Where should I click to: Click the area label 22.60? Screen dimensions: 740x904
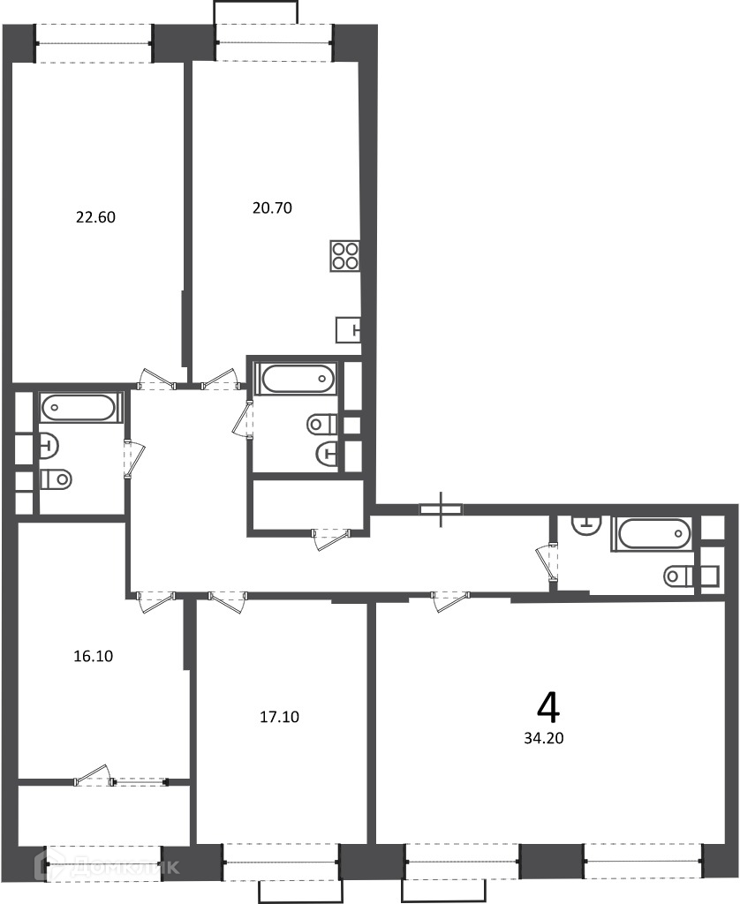tap(95, 217)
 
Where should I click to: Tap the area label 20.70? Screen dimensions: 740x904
tap(272, 207)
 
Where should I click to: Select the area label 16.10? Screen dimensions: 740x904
tap(94, 656)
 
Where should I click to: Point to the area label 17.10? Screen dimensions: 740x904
tap(280, 717)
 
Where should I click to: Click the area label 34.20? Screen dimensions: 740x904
tap(544, 738)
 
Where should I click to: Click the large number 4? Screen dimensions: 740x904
tap(547, 708)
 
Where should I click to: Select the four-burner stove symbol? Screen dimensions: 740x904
tap(345, 255)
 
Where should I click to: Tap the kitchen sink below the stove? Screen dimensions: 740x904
tap(348, 330)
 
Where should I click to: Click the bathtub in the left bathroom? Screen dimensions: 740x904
tap(79, 408)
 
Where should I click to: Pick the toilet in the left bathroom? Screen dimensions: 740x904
tap(57, 478)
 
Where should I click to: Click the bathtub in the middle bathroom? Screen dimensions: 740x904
tap(297, 379)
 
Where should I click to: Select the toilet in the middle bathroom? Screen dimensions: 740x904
tap(322, 425)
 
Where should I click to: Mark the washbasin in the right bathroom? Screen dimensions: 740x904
tap(586, 525)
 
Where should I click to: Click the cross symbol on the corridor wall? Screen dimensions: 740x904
tap(442, 509)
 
